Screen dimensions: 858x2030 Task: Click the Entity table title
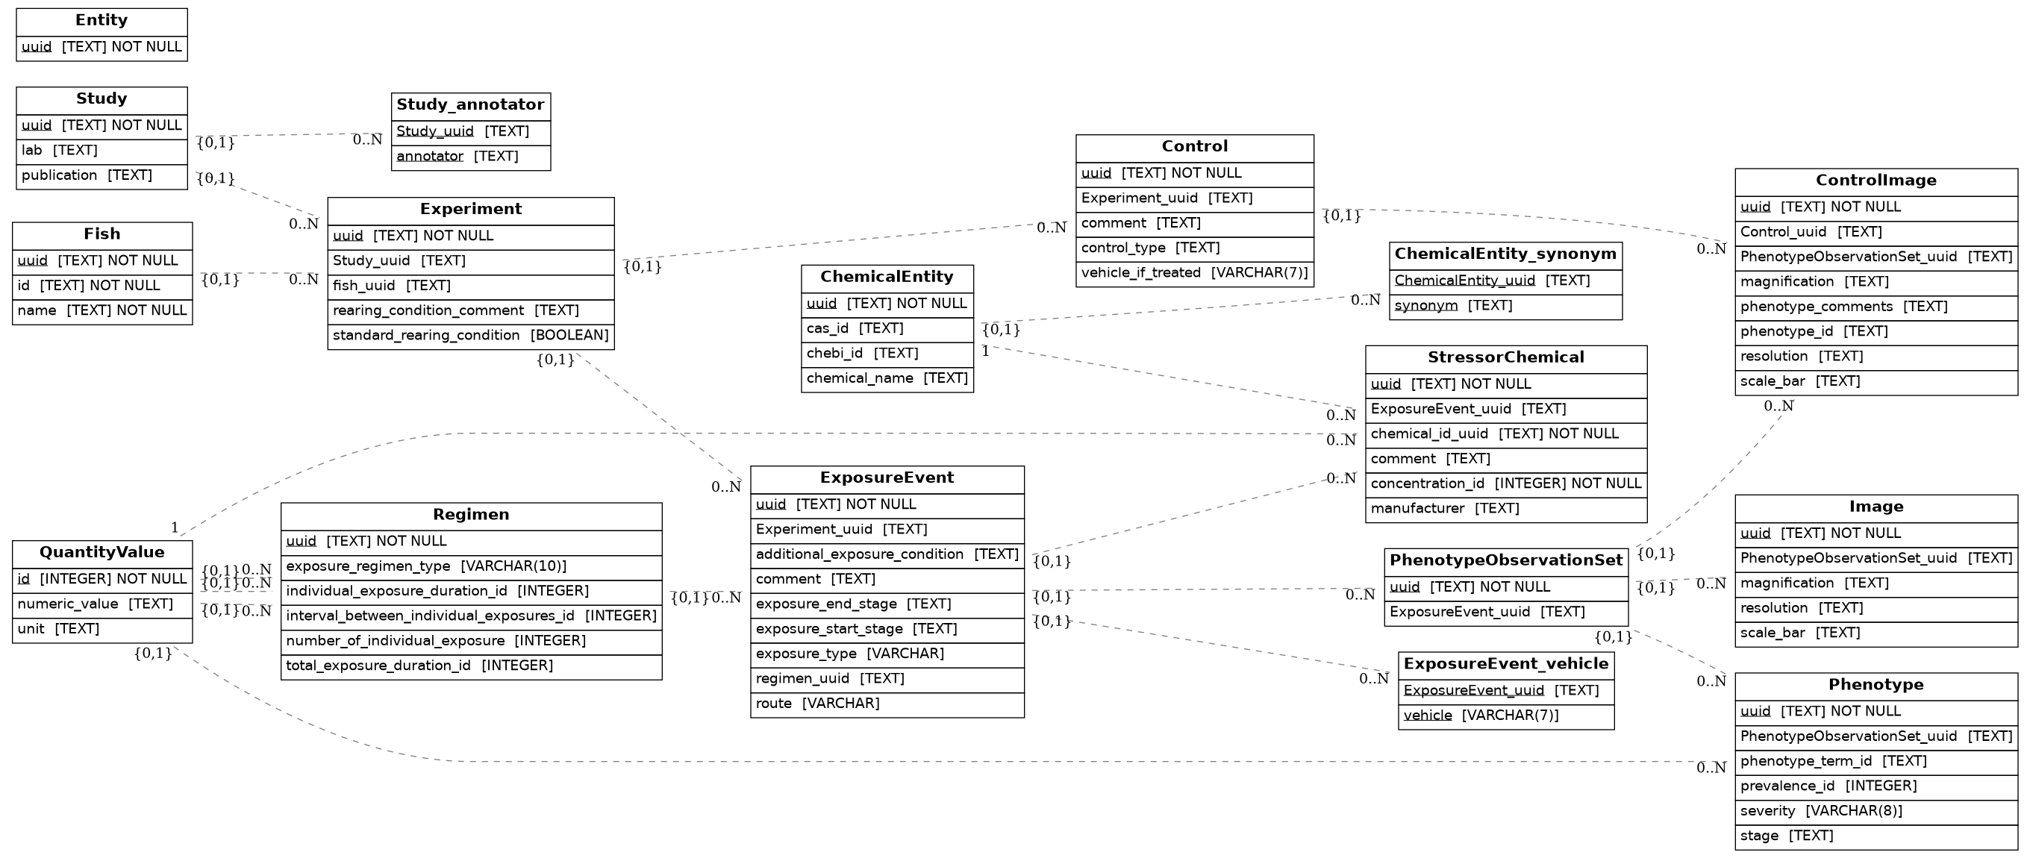tap(101, 20)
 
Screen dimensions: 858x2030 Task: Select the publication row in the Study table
tap(101, 175)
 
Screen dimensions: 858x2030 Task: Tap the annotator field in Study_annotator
tap(470, 157)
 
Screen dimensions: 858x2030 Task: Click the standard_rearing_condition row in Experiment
tap(470, 336)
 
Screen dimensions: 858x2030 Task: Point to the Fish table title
tap(101, 234)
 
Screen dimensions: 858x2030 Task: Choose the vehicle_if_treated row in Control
tap(1194, 273)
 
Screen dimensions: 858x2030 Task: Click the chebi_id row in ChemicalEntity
tap(887, 354)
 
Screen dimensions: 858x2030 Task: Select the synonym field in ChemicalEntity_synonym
tap(1505, 306)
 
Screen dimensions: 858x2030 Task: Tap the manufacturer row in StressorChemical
tap(1505, 509)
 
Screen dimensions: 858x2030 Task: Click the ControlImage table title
tap(1876, 181)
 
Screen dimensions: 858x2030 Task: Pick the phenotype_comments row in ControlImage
tap(1876, 307)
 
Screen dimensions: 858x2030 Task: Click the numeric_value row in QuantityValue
tap(101, 604)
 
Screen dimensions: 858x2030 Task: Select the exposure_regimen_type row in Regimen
tap(470, 566)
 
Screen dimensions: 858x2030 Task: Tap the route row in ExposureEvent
tap(887, 704)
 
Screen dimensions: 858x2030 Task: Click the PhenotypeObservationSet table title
tap(1505, 560)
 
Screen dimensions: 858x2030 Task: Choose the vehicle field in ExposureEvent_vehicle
tap(1505, 715)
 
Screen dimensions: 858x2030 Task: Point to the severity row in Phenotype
tap(1876, 811)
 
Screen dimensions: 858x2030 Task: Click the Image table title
tap(1876, 507)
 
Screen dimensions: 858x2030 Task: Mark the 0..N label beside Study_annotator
tap(367, 140)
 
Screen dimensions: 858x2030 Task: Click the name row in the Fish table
tap(101, 310)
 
